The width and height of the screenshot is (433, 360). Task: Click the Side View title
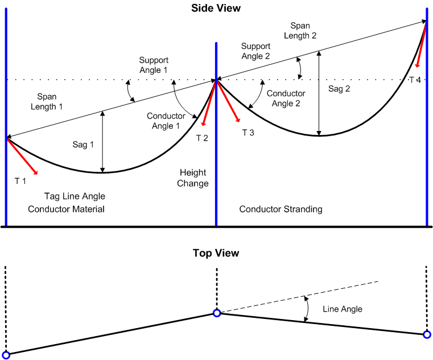point(216,8)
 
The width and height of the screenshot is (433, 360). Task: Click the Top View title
point(216,253)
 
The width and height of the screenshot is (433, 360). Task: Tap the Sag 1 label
point(83,145)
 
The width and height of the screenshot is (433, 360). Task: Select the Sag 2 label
point(339,89)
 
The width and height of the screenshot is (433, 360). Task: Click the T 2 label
point(202,138)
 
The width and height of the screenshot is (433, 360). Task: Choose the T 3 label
point(248,133)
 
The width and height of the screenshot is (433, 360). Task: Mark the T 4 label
point(415,80)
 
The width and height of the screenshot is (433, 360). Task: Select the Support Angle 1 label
point(153,64)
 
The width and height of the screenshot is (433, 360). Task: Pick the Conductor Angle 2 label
point(286,98)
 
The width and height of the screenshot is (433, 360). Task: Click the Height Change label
point(194,178)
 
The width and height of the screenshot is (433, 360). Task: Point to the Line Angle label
point(343,309)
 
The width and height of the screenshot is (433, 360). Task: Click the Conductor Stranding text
point(281,209)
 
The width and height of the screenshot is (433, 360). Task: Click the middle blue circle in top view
point(216,313)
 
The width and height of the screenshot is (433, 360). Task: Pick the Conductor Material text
point(66,209)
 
